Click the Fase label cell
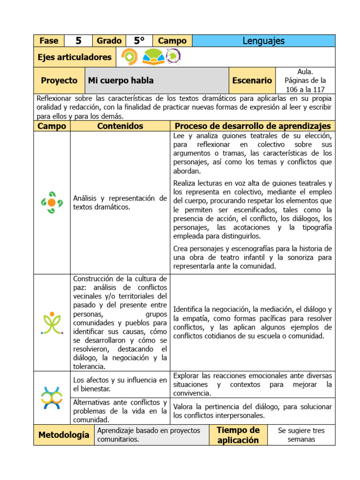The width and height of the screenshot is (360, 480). (x=49, y=41)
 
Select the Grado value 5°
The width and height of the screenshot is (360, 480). (x=139, y=41)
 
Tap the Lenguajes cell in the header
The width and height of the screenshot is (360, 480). (x=263, y=41)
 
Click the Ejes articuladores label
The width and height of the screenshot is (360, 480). (x=75, y=57)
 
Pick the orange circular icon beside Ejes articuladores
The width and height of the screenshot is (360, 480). (x=129, y=57)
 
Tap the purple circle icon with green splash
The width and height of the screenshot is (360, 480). (x=173, y=57)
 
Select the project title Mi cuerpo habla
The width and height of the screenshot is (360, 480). (x=121, y=81)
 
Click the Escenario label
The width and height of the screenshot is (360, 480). (x=252, y=81)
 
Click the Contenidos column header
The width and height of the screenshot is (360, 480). (x=120, y=126)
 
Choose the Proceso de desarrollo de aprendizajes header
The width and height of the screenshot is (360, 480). (x=252, y=126)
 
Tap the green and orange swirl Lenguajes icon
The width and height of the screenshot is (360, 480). (x=52, y=202)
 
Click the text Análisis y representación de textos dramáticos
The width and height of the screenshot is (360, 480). (x=120, y=202)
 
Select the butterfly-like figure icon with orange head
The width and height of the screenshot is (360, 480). (x=52, y=322)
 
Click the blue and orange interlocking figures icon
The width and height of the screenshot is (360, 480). (x=52, y=397)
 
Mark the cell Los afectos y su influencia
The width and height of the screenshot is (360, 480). (x=120, y=384)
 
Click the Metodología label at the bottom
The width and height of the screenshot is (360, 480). (x=64, y=435)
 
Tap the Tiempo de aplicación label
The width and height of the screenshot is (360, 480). (x=238, y=435)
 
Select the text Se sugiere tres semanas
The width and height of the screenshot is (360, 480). (x=301, y=435)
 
